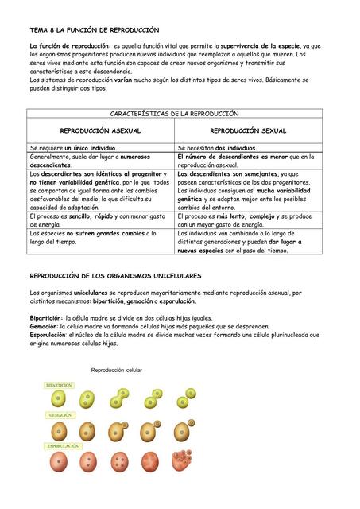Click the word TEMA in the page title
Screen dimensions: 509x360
38,29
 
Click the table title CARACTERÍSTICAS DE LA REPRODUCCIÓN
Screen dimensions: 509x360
174,114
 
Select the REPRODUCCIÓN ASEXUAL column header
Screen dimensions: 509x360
101,130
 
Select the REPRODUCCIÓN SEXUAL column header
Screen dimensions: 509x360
248,130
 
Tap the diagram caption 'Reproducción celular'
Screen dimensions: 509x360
117,371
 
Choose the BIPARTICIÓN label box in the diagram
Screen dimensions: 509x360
60,385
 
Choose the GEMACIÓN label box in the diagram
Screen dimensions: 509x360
60,415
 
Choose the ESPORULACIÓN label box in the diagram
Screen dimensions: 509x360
64,446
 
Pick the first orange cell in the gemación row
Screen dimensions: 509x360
60,431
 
